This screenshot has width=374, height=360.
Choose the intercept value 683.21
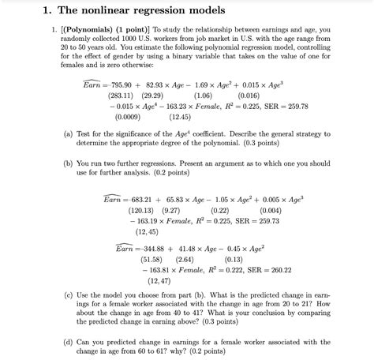[150, 201]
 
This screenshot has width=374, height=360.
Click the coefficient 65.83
[189, 201]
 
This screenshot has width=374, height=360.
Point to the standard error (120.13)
[144, 211]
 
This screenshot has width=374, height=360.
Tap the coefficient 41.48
[200, 248]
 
